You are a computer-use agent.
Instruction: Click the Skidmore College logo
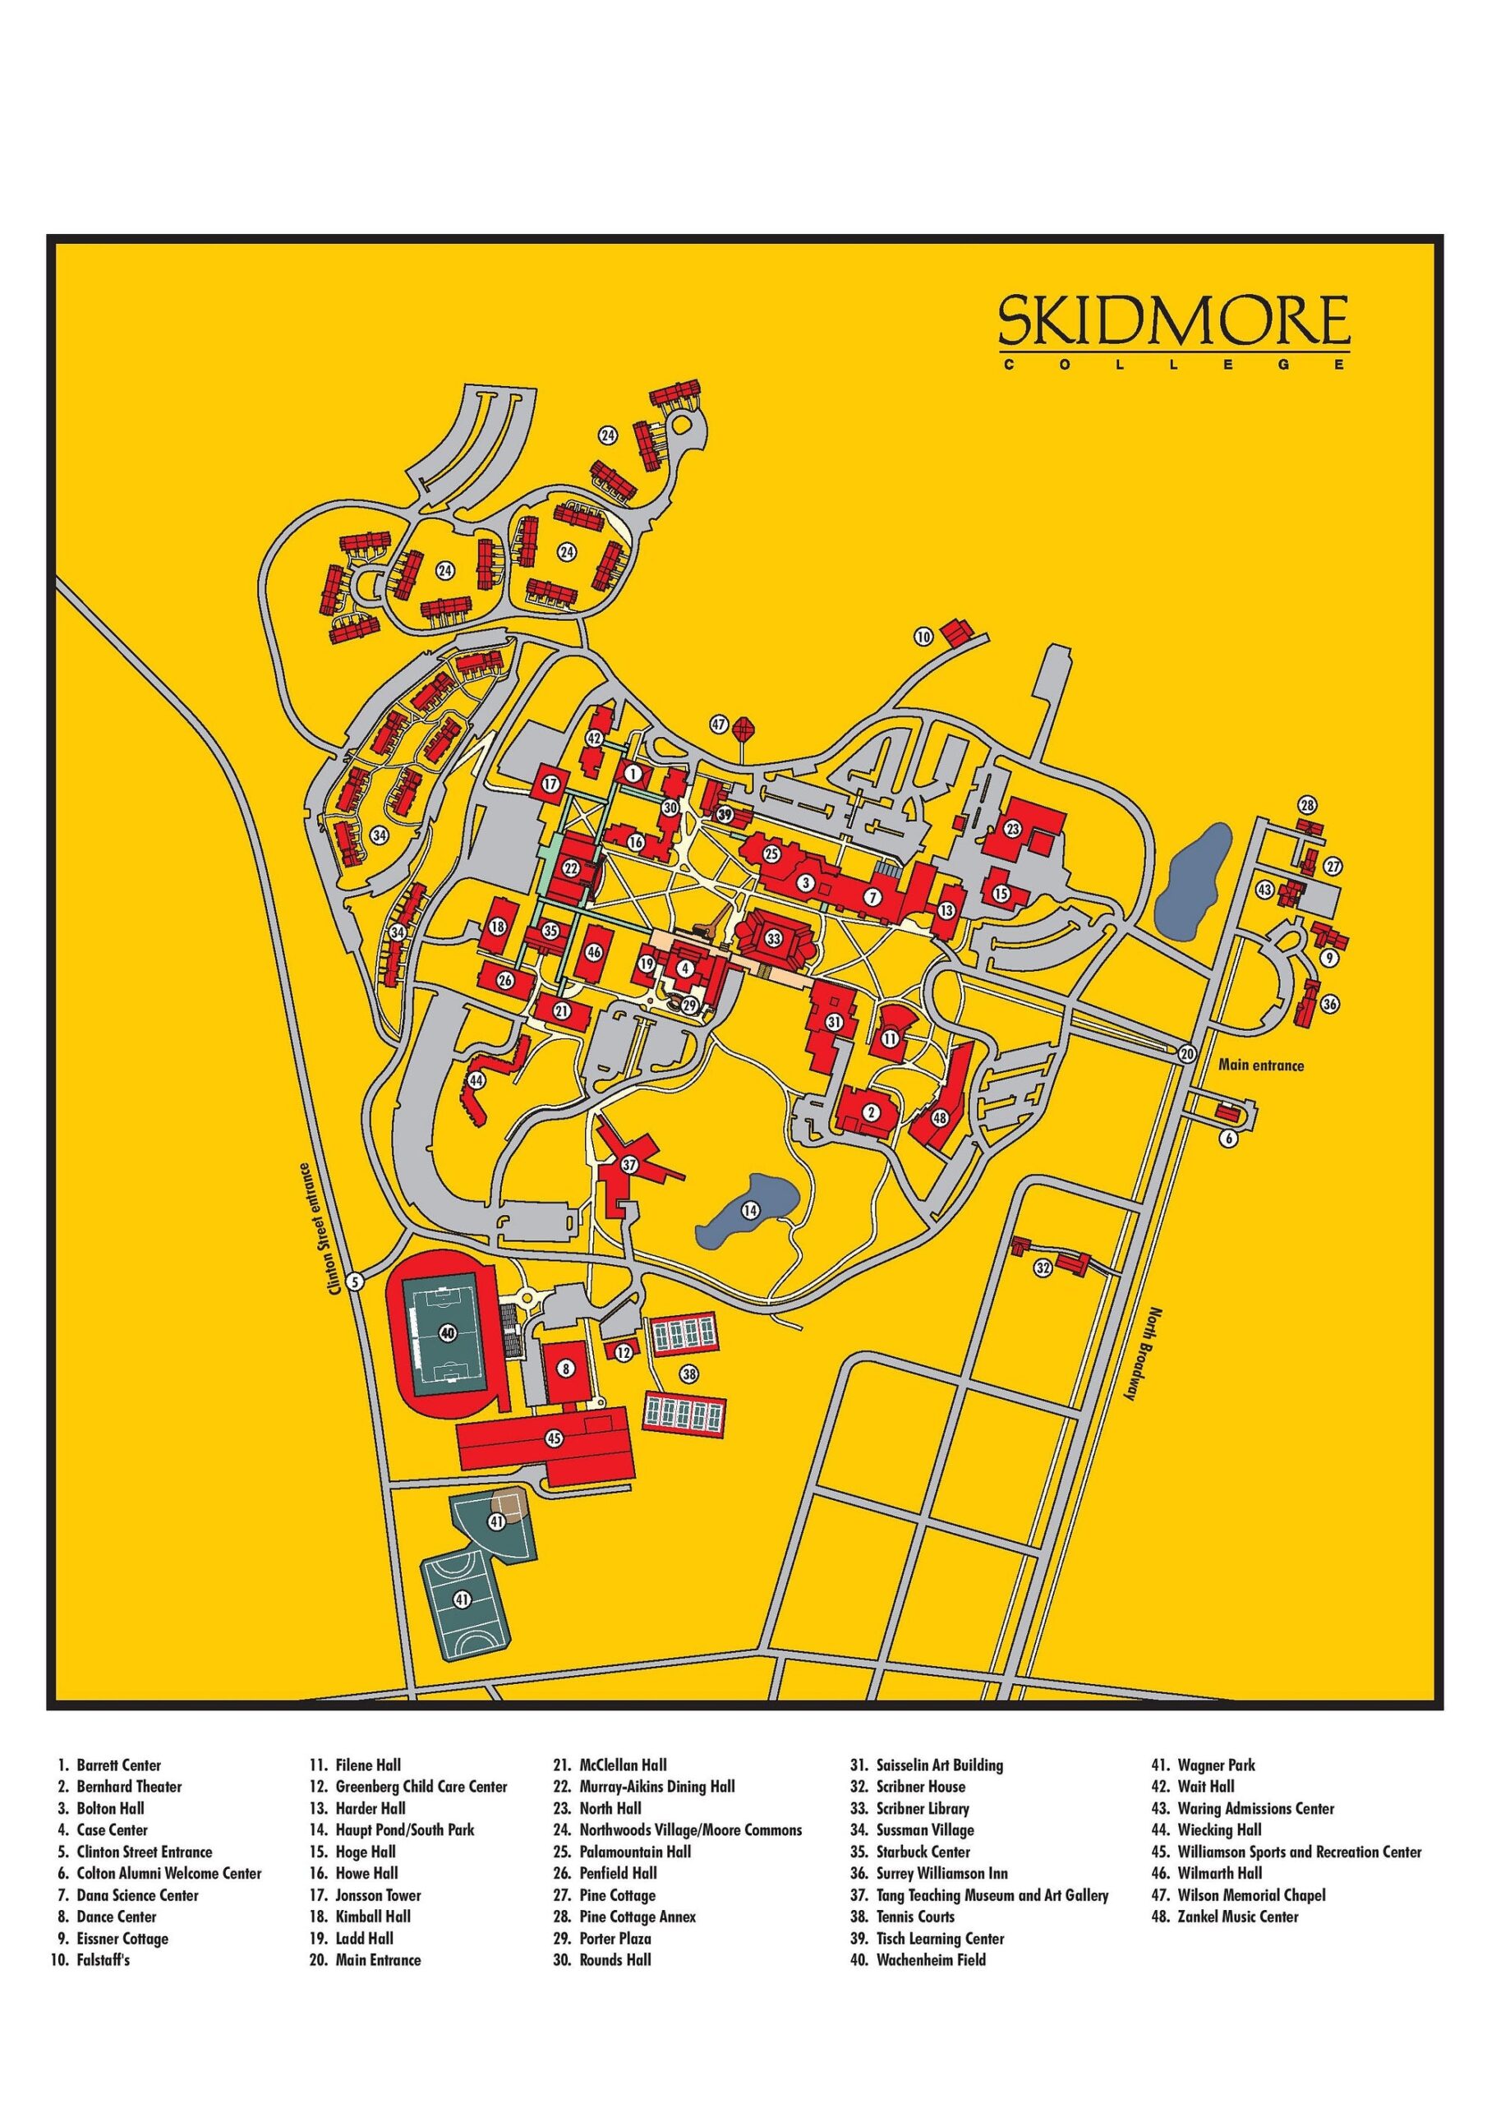click(x=1174, y=331)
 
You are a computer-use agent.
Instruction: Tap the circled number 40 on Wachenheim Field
click(x=448, y=1332)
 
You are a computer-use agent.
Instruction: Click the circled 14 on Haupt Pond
click(x=750, y=1209)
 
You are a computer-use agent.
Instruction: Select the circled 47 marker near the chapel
click(x=719, y=725)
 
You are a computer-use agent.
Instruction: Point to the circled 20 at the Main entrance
click(x=1186, y=1053)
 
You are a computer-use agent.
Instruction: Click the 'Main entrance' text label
click(x=1260, y=1065)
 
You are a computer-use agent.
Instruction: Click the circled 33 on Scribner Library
click(x=773, y=939)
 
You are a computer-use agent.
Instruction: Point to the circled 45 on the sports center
click(x=553, y=1438)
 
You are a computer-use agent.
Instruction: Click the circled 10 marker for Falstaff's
click(x=923, y=636)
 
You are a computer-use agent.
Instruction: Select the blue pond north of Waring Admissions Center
click(x=1192, y=881)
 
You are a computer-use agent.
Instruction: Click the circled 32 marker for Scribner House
click(x=1042, y=1268)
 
